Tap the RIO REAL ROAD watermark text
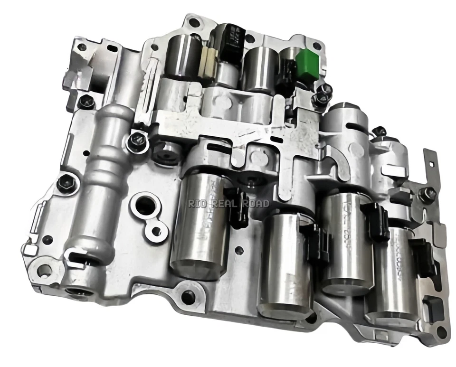point(228,203)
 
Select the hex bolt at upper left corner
point(86,101)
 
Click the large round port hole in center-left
point(144,206)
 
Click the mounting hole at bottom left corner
point(44,271)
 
